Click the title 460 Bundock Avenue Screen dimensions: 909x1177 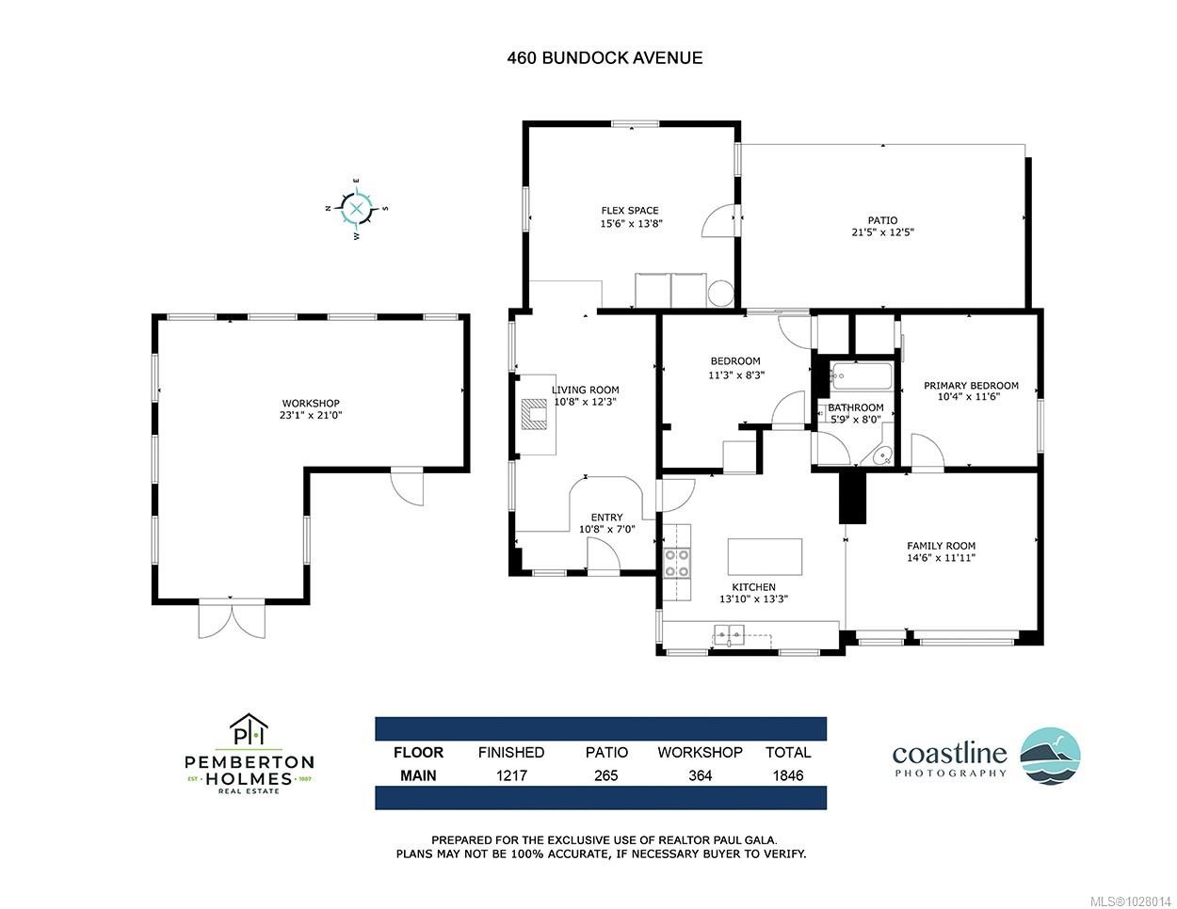pos(604,57)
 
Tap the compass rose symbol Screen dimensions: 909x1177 pos(357,209)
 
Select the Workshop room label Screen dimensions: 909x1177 pos(310,403)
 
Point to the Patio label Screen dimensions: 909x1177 pos(882,220)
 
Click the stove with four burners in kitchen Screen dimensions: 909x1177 pos(676,563)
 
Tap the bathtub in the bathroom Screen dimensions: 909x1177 pos(863,378)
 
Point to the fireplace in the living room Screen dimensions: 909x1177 pos(536,413)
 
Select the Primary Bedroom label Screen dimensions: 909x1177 pos(970,385)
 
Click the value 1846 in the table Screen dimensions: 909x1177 pos(787,775)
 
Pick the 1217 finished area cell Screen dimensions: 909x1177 pos(510,775)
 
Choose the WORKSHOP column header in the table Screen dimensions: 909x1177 pos(700,752)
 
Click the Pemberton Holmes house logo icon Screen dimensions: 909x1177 pos(249,730)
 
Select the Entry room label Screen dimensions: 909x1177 pos(606,517)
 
